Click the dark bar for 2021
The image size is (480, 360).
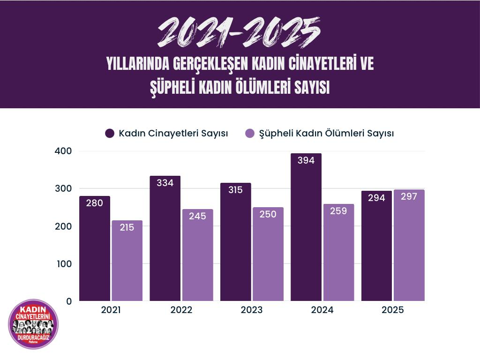95,248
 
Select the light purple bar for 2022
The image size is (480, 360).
197,255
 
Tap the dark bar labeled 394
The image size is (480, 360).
306,227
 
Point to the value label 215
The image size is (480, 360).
127,227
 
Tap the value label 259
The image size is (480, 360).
338,211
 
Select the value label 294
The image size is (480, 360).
376,198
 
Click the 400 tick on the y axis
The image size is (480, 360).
63,151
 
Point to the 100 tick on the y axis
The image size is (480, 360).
63,264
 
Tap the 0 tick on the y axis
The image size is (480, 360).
69,301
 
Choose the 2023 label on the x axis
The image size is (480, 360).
252,310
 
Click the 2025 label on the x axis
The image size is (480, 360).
393,310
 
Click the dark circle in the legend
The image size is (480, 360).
110,134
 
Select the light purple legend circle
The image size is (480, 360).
250,134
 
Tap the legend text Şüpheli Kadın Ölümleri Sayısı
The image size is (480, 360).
326,134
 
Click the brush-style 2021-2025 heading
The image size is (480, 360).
240,32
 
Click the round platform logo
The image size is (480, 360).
33,324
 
